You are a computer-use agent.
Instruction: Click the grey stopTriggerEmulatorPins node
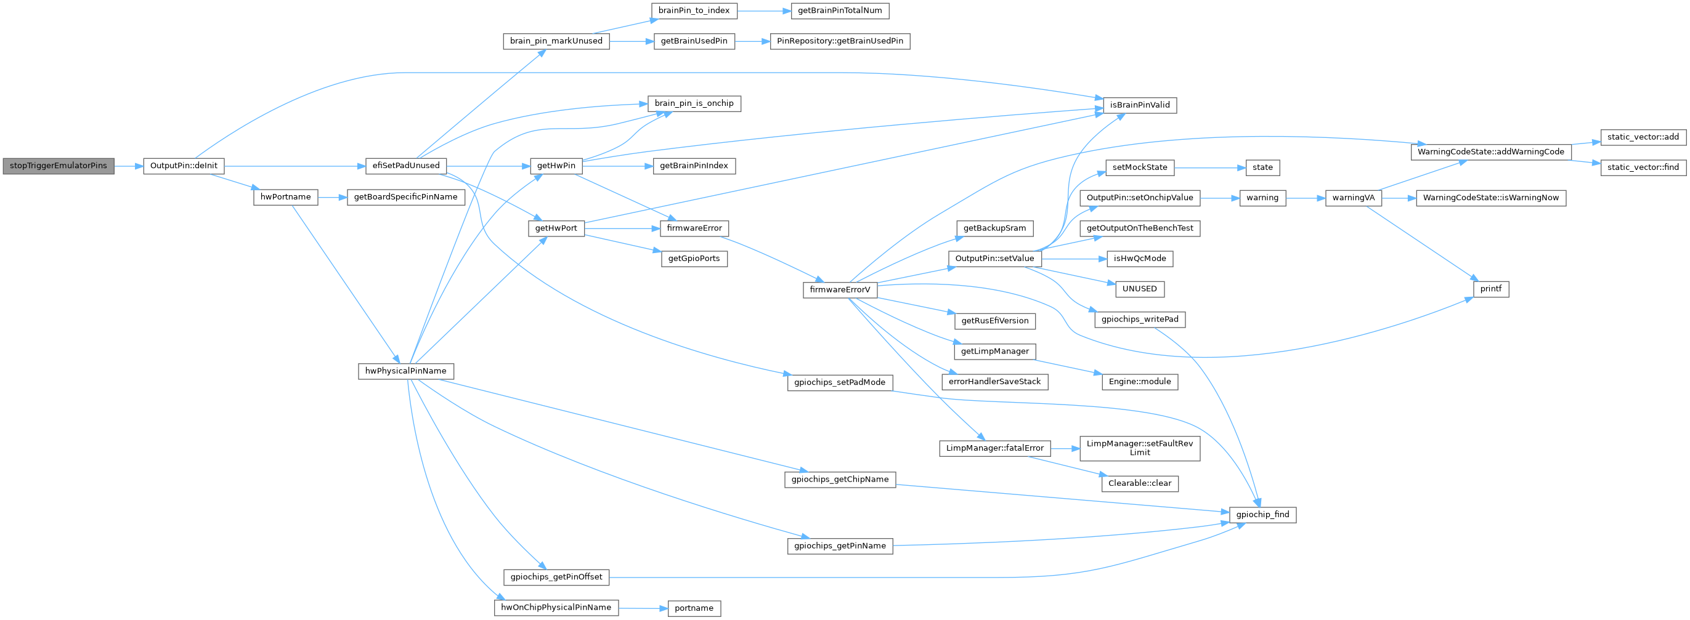(58, 166)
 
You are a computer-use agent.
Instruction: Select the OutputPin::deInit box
(184, 166)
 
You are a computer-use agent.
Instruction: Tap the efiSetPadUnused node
(406, 166)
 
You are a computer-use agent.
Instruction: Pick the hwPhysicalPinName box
(405, 371)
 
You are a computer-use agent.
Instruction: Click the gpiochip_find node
(1262, 515)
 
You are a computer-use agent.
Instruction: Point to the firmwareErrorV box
(840, 289)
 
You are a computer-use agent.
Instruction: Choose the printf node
(1490, 289)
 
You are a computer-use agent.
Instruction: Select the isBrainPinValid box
(1140, 105)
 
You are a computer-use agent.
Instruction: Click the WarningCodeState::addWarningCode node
(1490, 152)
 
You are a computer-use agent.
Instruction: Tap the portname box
(694, 608)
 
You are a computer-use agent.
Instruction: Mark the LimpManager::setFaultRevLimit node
(1140, 448)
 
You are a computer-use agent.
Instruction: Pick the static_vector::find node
(1643, 167)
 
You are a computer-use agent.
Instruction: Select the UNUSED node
(1140, 289)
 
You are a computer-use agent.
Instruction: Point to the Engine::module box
(1140, 382)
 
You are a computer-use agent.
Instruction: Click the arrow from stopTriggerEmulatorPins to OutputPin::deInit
(129, 166)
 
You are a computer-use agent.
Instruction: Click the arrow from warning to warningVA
(1306, 197)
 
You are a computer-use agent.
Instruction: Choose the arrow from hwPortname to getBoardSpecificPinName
(332, 197)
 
